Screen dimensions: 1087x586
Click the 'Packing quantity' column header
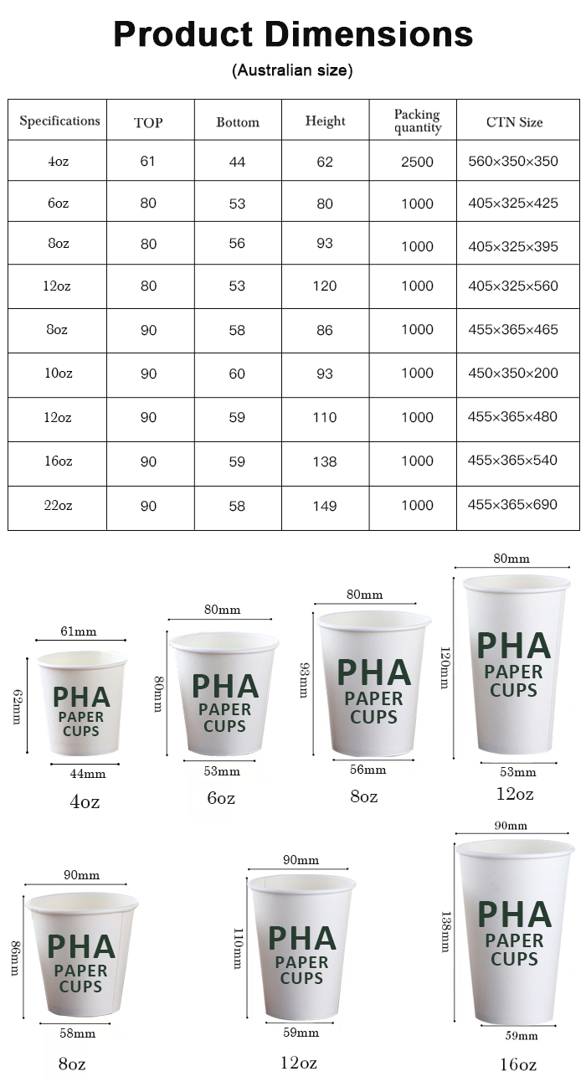click(x=418, y=121)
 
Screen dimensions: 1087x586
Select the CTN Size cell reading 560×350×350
click(x=513, y=161)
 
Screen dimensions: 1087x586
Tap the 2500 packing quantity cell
click(x=417, y=162)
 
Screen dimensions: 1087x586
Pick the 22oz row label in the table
click(x=58, y=505)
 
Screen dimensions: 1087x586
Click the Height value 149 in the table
click(x=325, y=506)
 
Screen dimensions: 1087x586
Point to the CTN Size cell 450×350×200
click(x=513, y=373)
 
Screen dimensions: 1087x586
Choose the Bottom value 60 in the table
click(x=238, y=373)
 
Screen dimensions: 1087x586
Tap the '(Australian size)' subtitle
click(x=292, y=71)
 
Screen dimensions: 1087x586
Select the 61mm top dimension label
click(x=78, y=631)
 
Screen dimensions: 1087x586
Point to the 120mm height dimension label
click(x=445, y=667)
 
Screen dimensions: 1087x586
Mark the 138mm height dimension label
click(x=445, y=932)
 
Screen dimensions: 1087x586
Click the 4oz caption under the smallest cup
click(x=85, y=801)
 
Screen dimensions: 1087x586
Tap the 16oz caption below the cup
click(x=517, y=1064)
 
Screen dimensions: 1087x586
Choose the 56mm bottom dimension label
click(x=368, y=770)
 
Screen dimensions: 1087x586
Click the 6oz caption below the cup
click(x=221, y=798)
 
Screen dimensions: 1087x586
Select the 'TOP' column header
click(x=148, y=122)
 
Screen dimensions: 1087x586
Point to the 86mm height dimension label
click(x=14, y=958)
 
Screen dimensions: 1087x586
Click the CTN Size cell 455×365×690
click(x=513, y=505)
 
